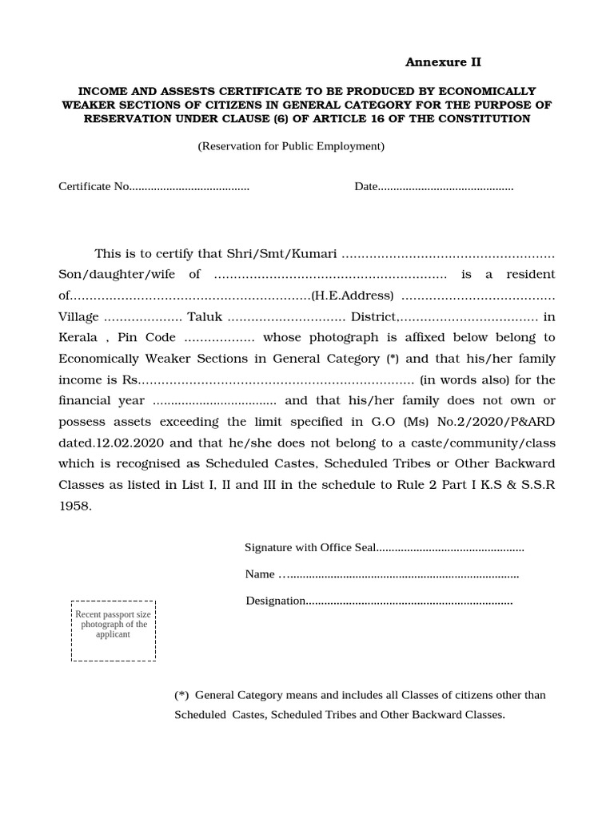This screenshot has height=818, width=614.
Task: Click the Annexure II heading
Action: pyautogui.click(x=443, y=62)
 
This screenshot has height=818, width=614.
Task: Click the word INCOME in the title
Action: pyautogui.click(x=103, y=91)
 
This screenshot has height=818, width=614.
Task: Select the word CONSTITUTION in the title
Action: pyautogui.click(x=490, y=118)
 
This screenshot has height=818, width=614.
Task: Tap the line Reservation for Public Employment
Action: pyautogui.click(x=291, y=146)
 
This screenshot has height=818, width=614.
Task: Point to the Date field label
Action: pyautogui.click(x=366, y=187)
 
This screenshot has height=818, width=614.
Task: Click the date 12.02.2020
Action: pyautogui.click(x=121, y=443)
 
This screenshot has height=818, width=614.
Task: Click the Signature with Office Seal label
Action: pyautogui.click(x=309, y=548)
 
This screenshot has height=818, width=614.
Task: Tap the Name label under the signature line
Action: pyautogui.click(x=260, y=574)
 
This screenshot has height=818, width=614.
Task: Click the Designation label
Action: pyautogui.click(x=276, y=601)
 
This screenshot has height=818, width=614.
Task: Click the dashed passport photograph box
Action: pyautogui.click(x=114, y=631)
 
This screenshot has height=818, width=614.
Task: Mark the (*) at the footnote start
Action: pyautogui.click(x=181, y=695)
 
